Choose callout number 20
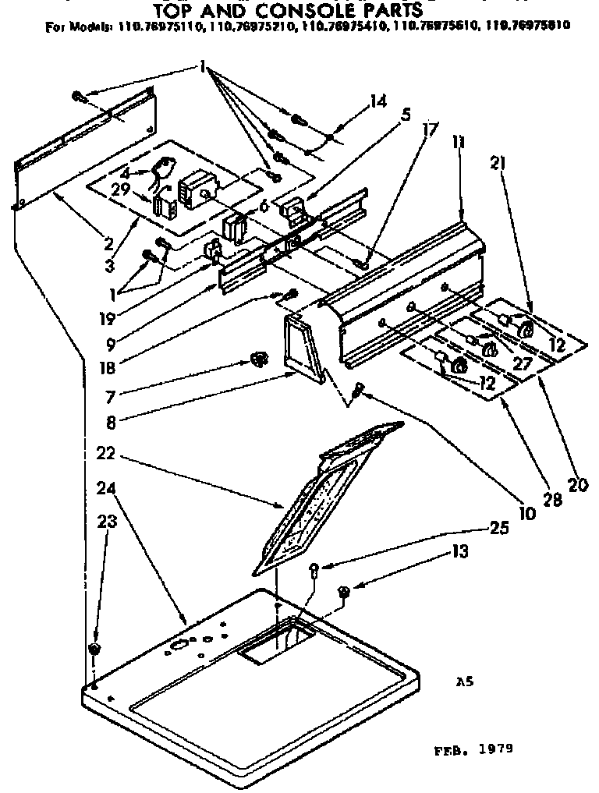[x=576, y=485]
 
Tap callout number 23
[x=106, y=522]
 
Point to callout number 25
[x=501, y=528]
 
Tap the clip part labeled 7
[x=257, y=358]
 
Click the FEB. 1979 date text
[x=473, y=750]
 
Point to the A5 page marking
[x=465, y=681]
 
